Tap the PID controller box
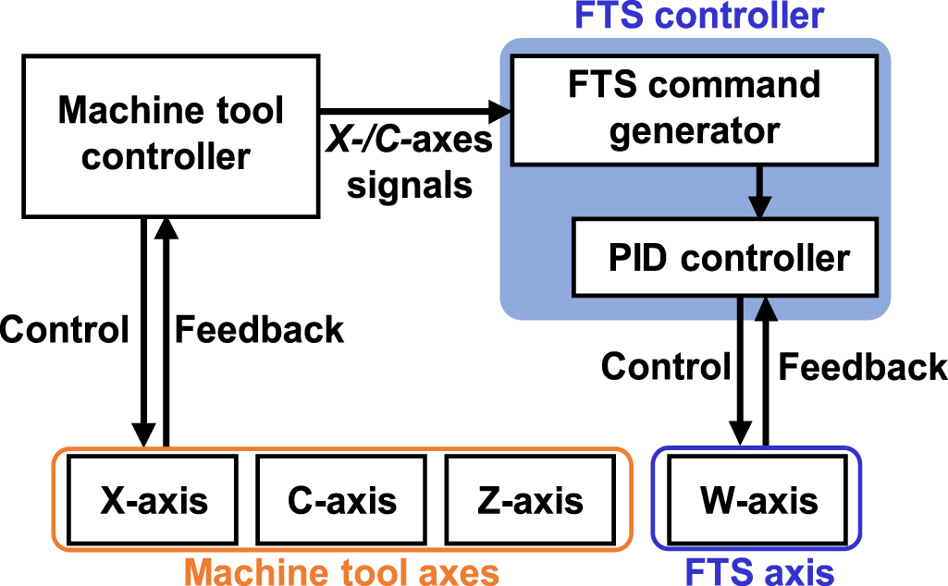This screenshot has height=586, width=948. click(x=727, y=257)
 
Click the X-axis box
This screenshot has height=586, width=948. click(x=154, y=500)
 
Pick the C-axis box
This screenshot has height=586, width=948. click(x=341, y=500)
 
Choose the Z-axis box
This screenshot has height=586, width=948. click(x=530, y=500)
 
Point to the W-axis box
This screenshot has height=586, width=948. click(x=757, y=500)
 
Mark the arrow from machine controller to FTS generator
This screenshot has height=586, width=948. click(x=416, y=112)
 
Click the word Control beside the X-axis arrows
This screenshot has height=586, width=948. click(x=64, y=330)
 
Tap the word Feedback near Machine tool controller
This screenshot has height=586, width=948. click(x=259, y=330)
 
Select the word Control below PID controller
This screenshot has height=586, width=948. click(x=666, y=367)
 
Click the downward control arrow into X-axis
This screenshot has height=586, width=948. click(x=142, y=333)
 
